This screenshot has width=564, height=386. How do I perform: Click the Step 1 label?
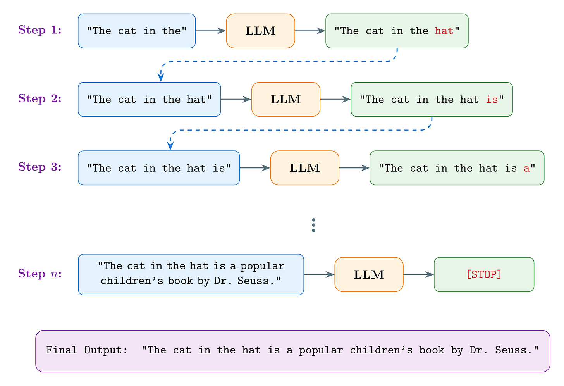tap(40, 30)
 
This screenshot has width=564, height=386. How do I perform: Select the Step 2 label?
tap(40, 99)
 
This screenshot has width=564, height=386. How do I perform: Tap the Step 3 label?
tap(40, 167)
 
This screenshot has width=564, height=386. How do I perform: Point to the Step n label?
tap(40, 274)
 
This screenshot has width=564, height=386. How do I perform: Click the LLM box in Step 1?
tap(260, 31)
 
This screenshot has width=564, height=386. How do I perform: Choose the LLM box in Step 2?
tap(286, 99)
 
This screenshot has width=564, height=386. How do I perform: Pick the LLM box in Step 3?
tap(305, 168)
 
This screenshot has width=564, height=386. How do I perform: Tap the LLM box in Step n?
tap(369, 274)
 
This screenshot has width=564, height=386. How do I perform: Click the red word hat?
tap(444, 31)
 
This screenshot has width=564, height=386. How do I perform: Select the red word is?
tap(492, 100)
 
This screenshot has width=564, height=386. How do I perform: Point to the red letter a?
tap(526, 168)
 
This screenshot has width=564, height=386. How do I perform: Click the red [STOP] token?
tap(484, 274)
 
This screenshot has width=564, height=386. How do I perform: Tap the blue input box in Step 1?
tap(136, 31)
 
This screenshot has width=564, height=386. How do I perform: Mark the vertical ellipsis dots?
tap(313, 225)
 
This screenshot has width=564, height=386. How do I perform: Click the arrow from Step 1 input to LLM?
tap(211, 31)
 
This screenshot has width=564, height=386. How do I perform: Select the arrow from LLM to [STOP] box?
tap(418, 274)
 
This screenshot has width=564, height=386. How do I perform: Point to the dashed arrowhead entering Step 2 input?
tap(160, 78)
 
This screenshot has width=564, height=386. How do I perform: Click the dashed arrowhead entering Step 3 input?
tap(170, 146)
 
